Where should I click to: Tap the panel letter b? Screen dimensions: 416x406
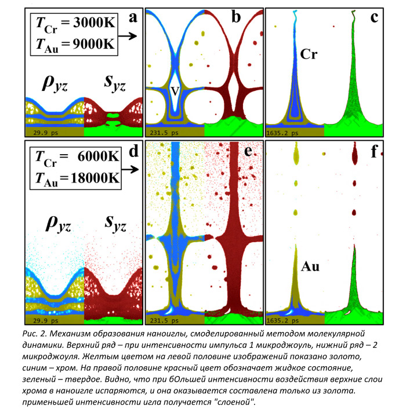pos(236,17)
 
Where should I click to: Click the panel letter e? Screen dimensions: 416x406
pos(236,154)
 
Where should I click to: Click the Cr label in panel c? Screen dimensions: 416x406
pos(310,54)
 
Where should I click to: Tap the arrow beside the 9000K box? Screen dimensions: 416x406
pos(130,37)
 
